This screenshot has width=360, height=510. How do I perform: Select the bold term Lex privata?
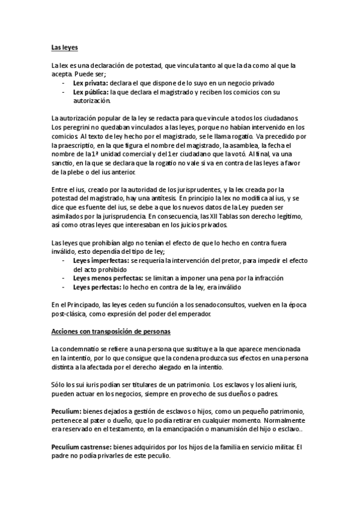91,82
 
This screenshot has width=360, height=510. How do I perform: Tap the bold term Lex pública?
91,92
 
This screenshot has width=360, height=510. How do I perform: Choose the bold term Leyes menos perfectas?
108,278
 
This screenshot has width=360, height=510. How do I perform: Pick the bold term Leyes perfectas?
96,287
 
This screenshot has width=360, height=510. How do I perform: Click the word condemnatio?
83,349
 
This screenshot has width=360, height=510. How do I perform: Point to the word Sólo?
59,384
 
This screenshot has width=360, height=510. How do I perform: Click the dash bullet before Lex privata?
64,82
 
